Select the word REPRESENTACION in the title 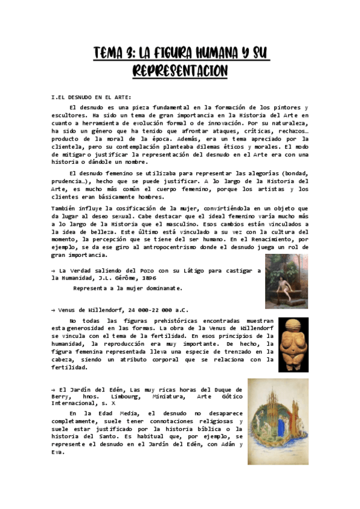click(179, 71)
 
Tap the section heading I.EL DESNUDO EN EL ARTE click(91, 97)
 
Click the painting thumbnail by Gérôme click(287, 281)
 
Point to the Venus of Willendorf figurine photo click(293, 344)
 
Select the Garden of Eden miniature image click(286, 421)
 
